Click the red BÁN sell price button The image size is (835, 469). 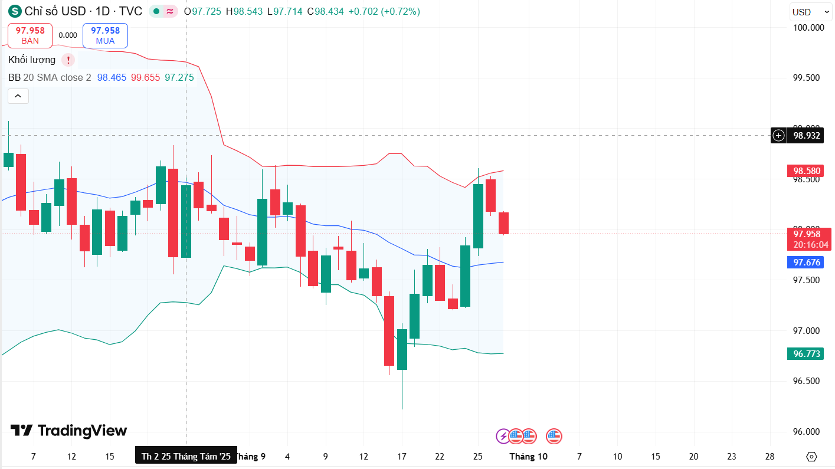click(30, 35)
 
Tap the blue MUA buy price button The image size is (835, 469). click(105, 35)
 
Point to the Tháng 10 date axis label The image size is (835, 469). click(528, 456)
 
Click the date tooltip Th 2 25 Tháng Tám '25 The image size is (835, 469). click(186, 456)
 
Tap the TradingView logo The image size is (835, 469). click(68, 431)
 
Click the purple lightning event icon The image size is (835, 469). click(503, 437)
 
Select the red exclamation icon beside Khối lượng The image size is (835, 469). click(68, 60)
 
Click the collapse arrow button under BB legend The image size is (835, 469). click(18, 96)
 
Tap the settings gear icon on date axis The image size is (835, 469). click(811, 457)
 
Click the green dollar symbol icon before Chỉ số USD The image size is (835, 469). click(14, 11)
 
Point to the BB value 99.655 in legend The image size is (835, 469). click(145, 77)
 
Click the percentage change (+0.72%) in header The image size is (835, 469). click(401, 11)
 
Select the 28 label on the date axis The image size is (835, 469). click(769, 456)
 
